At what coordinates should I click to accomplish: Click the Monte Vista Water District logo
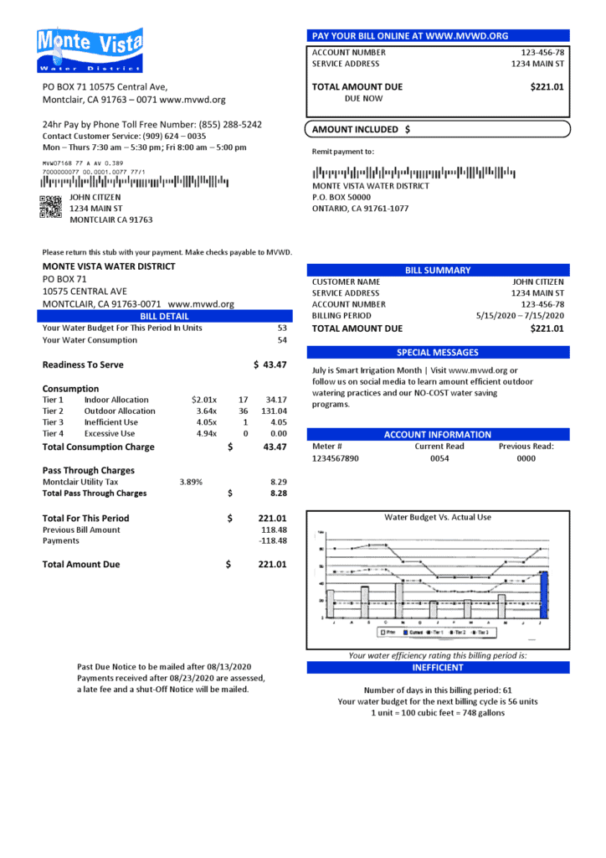coord(90,50)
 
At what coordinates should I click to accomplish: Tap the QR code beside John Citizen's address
coord(50,206)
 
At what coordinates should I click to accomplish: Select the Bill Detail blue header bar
coord(164,317)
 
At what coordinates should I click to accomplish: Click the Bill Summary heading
coord(438,271)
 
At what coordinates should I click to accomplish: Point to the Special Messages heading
coord(438,353)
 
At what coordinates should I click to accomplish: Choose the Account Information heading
coord(438,435)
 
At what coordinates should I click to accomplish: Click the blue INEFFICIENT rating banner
coord(437,668)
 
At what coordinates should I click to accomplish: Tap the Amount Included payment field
coord(439,130)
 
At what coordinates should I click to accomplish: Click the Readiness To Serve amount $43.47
coord(270,365)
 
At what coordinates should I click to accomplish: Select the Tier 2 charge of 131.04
coord(273,411)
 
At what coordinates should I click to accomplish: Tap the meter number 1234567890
coord(335,459)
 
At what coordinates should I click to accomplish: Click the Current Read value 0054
coord(440,459)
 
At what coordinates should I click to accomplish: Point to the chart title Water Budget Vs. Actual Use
coord(437,518)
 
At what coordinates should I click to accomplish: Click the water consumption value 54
coord(282,340)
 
